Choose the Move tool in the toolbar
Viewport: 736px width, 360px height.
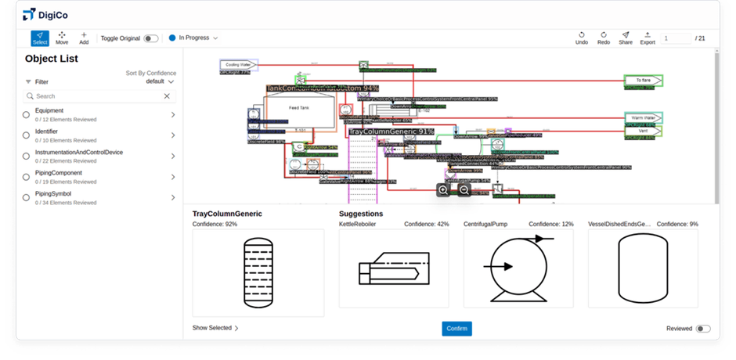tap(62, 38)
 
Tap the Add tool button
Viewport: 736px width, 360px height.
tap(84, 38)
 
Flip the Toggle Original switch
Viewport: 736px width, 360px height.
tap(151, 38)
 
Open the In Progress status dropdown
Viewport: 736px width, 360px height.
tap(193, 38)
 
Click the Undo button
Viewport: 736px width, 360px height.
tap(581, 38)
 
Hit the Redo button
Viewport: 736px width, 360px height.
tap(603, 38)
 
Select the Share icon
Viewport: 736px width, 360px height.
tap(625, 38)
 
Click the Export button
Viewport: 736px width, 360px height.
tap(648, 38)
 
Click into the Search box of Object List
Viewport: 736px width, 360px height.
tap(98, 96)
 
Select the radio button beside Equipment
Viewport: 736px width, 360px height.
tap(27, 114)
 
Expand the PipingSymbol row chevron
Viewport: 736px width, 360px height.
tap(172, 198)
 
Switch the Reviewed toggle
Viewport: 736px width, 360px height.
tap(703, 329)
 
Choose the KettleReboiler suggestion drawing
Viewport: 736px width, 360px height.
tap(394, 268)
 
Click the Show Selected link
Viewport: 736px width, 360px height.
tap(215, 328)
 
